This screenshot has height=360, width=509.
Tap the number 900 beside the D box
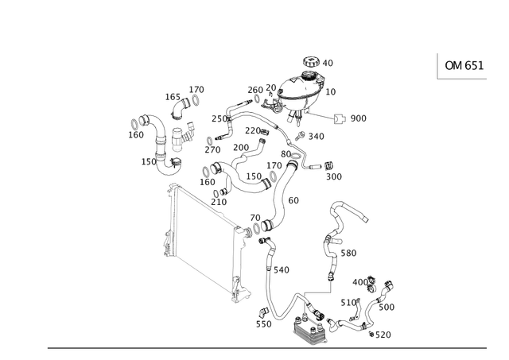point(358,119)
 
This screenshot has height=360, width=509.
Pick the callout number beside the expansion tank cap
point(328,62)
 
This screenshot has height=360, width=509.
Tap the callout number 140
point(283,270)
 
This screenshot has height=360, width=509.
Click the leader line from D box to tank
point(318,113)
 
